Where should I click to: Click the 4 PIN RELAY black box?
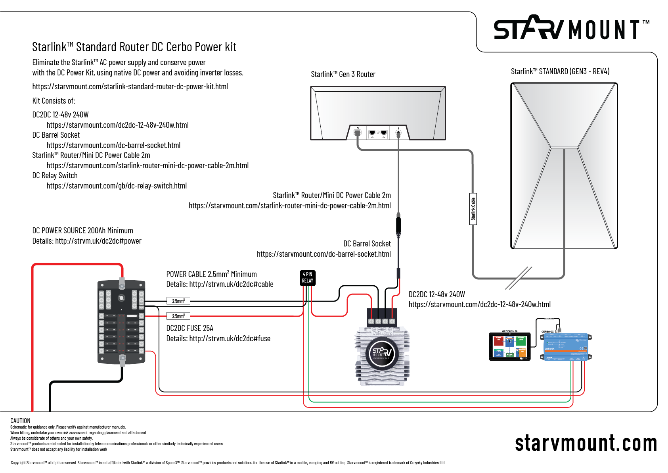pos(308,277)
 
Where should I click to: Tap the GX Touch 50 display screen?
pos(509,346)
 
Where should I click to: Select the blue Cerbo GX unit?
pos(566,347)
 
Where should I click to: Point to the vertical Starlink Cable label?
pos(473,209)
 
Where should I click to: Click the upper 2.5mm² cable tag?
pos(178,301)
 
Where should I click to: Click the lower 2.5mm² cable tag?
pos(178,316)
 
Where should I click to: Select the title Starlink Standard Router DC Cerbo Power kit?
pos(134,47)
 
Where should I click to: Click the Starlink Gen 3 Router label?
pos(343,74)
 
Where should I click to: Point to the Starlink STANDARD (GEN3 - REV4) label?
pos(560,71)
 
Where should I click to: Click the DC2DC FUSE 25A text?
pos(189,328)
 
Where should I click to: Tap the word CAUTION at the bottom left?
pos(20,421)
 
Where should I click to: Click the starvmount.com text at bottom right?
pos(586,443)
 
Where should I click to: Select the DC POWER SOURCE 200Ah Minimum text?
pos(82,231)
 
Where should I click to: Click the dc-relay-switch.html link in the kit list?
pos(117,186)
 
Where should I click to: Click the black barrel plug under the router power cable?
pos(398,225)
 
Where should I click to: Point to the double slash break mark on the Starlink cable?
pos(519,278)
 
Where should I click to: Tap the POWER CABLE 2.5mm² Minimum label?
pos(211,274)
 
